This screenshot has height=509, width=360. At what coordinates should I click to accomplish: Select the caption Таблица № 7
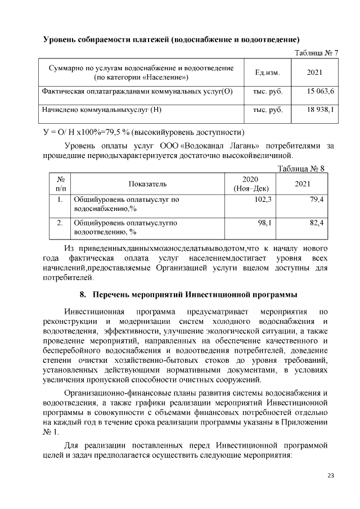(316, 53)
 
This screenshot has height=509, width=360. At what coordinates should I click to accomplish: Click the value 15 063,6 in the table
(321, 91)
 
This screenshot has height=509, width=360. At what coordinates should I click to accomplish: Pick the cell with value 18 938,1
(321, 110)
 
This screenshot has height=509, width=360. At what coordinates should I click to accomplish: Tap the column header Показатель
(148, 184)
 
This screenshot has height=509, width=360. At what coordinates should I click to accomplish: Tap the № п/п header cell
(59, 184)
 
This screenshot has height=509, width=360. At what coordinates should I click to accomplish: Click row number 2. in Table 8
(59, 223)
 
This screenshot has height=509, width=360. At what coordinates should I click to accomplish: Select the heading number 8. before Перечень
(83, 295)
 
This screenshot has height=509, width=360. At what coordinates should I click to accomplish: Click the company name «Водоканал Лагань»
(219, 146)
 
